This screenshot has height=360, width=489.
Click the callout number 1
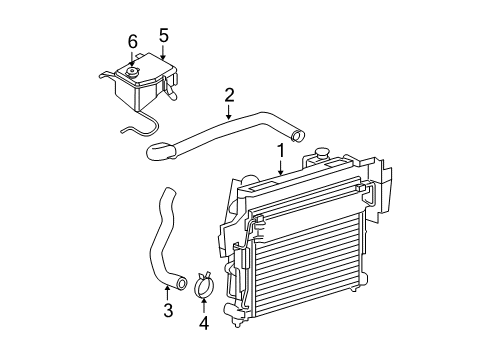coord(281,151)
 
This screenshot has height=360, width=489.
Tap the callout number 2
coord(229,95)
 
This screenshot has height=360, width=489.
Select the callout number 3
coord(168,311)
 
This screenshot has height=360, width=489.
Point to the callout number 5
coord(163,36)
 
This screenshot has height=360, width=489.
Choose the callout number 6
coord(131,41)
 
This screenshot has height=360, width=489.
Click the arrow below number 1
coord(281,170)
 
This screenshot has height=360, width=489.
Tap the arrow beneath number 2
coord(229,113)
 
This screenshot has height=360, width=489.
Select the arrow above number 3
coord(168,293)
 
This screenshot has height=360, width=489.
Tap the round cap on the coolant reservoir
coord(131,72)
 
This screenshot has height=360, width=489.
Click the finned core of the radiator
coord(300,260)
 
